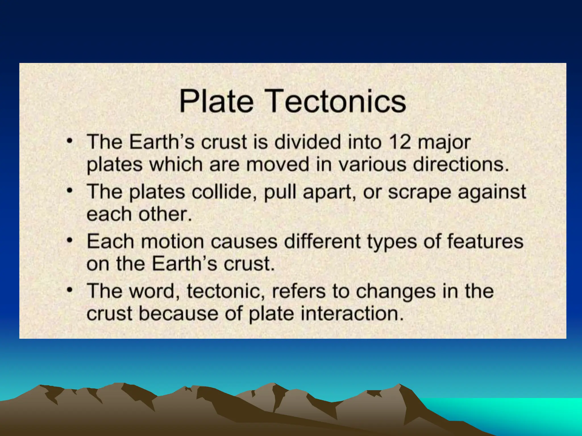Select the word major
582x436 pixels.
(x=444, y=143)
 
